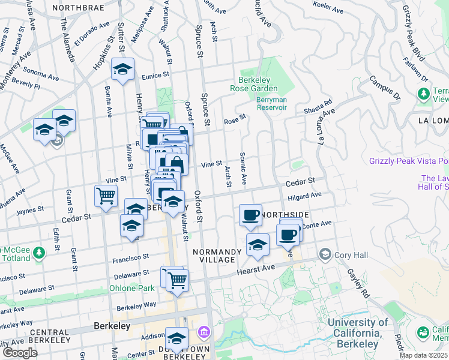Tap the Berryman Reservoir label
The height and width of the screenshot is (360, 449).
coord(271,103)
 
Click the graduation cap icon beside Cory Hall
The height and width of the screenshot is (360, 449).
coord(325,254)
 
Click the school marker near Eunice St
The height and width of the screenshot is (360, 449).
coord(122,70)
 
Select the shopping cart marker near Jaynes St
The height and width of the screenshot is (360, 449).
coord(106,196)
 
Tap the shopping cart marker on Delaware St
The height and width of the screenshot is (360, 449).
coord(177,280)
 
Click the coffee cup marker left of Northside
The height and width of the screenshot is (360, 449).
coord(250,215)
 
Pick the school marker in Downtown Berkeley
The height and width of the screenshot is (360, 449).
coord(176,339)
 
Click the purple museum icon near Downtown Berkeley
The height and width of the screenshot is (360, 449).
coord(203,332)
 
